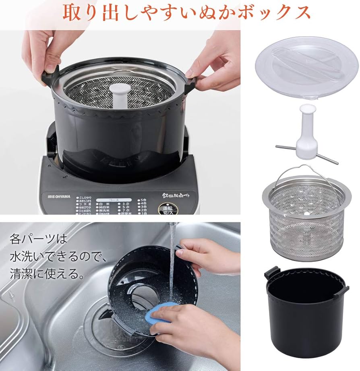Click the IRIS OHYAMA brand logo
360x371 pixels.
pyautogui.click(x=58, y=196)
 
